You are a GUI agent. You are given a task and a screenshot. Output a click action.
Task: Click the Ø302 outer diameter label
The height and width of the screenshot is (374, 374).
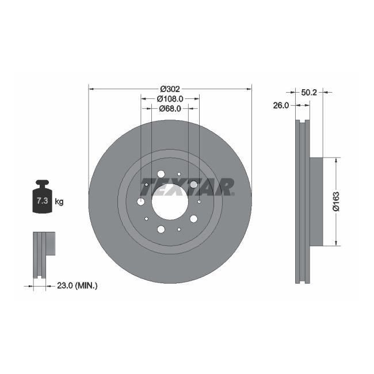pyautogui.click(x=170, y=89)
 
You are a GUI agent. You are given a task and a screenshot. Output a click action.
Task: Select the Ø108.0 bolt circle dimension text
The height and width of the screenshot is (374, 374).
pyautogui.click(x=170, y=98)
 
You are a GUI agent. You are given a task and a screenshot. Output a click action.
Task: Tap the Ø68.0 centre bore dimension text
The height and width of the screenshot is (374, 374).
pyautogui.click(x=170, y=108)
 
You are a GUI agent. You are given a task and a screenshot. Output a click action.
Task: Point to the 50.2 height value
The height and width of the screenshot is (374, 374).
pyautogui.click(x=310, y=91)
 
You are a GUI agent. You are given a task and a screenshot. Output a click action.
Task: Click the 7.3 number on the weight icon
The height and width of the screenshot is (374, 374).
pyautogui.click(x=42, y=201)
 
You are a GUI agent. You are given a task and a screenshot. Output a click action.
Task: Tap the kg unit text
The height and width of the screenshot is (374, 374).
pyautogui.click(x=59, y=201)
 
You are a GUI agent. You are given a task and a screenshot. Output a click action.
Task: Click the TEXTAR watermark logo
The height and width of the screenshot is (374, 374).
pyautogui.click(x=188, y=187)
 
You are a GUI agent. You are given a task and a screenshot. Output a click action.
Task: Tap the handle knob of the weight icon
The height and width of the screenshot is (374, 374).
pyautogui.click(x=42, y=184)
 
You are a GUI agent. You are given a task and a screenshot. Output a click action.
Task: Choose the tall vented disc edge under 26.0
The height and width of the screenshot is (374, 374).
pyautogui.click(x=302, y=201)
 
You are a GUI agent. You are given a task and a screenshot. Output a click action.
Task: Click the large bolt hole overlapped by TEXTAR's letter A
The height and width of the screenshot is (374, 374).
pyautogui.click(x=194, y=185)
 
